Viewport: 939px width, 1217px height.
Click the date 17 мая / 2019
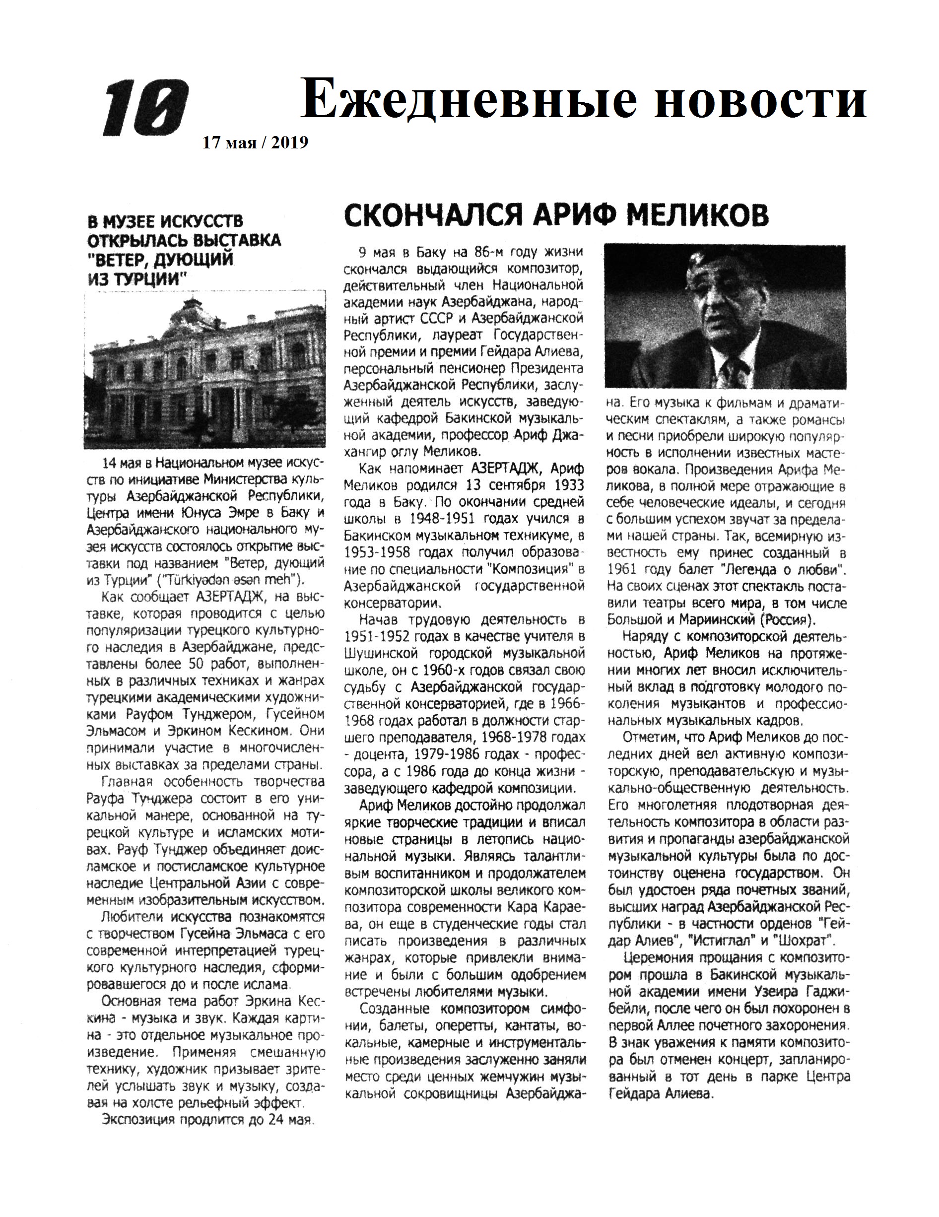[x=255, y=143]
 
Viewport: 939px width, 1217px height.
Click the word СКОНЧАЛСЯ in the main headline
[x=432, y=215]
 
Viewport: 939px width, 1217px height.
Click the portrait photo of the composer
[x=725, y=316]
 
